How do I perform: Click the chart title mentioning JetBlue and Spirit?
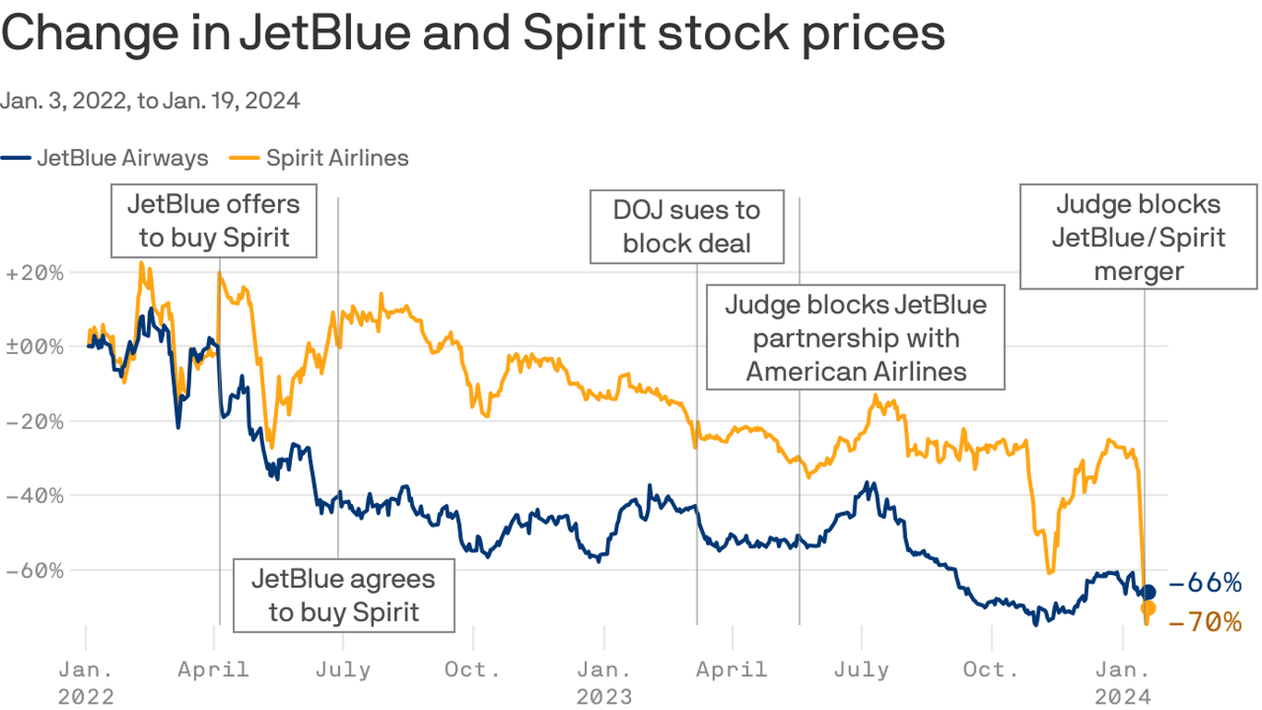coord(473,33)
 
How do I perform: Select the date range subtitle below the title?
coord(150,101)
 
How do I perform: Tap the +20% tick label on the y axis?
coord(34,273)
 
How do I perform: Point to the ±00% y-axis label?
coord(34,347)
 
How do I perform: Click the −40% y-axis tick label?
coord(34,495)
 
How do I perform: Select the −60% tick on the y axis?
coord(34,569)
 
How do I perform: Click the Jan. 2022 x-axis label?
coord(86,681)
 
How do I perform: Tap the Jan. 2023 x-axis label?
coord(605,681)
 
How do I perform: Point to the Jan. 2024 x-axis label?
coord(1122,681)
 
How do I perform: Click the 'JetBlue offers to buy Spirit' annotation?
coord(214,220)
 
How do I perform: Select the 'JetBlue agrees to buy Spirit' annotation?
coord(344,595)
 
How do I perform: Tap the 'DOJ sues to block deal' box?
coord(686,226)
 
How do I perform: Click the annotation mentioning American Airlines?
coord(855,337)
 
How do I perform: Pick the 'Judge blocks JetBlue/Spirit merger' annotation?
coord(1138,238)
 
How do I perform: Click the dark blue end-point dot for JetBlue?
coord(1148,592)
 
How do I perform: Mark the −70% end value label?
coord(1206,622)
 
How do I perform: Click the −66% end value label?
coord(1206,582)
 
